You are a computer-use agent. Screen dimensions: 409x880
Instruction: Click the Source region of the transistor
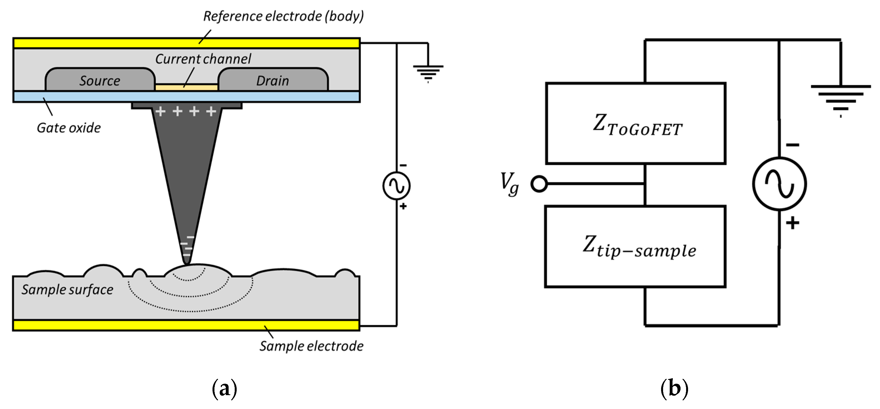pos(100,80)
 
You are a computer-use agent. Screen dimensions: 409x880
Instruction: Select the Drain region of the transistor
pos(272,80)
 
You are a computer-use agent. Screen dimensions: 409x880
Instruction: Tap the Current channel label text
pos(203,59)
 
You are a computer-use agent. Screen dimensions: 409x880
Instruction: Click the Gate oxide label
pos(68,128)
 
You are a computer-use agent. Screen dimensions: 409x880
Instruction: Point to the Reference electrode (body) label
pos(283,16)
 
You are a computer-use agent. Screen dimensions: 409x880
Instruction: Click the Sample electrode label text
pos(311,346)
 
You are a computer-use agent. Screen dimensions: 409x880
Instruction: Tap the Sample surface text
pos(67,290)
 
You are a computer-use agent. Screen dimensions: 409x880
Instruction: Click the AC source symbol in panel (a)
pos(396,185)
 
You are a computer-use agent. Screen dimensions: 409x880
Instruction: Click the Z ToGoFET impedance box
pos(635,124)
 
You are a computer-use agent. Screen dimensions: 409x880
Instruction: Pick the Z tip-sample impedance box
pos(635,247)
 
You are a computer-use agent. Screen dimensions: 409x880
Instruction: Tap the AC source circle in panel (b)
pos(779,184)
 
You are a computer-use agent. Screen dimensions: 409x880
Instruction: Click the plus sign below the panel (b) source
pos(792,223)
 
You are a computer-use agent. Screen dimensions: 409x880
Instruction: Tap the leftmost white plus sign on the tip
pos(161,111)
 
